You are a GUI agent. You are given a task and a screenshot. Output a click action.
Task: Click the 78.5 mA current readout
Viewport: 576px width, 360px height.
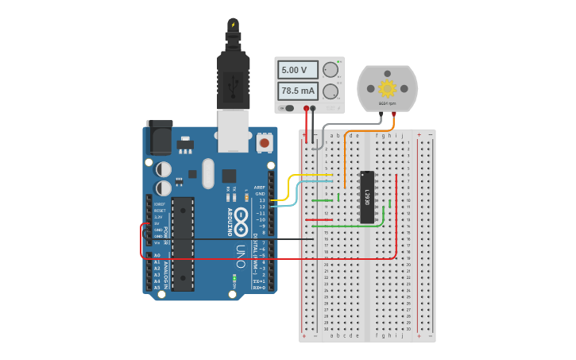point(296,91)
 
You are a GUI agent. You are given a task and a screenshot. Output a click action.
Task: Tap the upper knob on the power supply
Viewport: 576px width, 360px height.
point(331,70)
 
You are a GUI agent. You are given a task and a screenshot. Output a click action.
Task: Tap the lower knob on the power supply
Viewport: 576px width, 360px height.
point(331,91)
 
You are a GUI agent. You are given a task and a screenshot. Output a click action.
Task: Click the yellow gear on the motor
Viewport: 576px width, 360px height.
point(387,87)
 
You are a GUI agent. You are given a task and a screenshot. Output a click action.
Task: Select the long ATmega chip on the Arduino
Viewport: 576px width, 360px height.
point(183,243)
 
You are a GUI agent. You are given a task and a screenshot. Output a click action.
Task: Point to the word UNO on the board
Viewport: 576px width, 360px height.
point(241,253)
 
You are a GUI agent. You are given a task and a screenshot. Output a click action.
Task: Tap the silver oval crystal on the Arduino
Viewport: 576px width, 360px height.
point(208,173)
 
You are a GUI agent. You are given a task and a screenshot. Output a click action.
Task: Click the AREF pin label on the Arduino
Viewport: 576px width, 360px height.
point(260,187)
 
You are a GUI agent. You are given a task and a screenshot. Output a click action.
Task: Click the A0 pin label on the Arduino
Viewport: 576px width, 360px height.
point(157,255)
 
